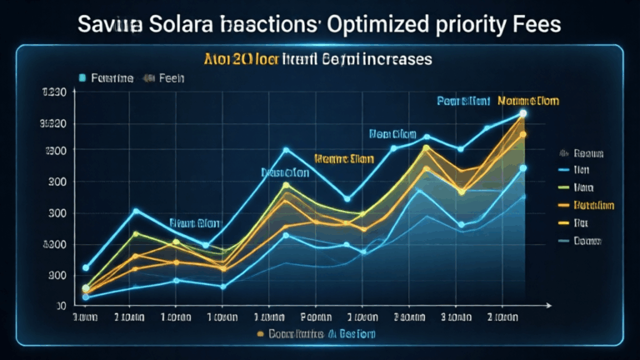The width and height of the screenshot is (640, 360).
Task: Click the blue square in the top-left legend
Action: coord(82,77)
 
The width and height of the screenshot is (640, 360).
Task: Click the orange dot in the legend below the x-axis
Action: coord(261,333)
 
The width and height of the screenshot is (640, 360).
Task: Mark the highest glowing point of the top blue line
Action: coord(523,112)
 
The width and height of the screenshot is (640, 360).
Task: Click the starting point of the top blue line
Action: coord(86,267)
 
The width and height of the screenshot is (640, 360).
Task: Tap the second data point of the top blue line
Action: coord(137,210)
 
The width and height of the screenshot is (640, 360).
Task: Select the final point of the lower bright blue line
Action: coord(523,168)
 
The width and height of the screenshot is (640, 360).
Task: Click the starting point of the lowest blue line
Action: coord(86,297)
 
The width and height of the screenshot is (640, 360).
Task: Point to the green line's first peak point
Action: coord(137,233)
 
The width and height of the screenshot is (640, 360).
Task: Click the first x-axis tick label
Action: coord(86,317)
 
